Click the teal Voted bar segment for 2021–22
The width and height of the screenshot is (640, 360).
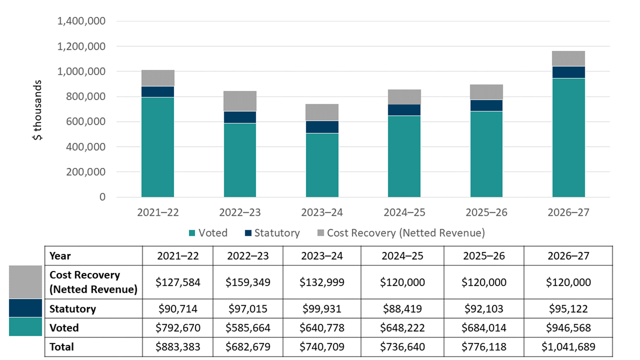(x=157, y=147)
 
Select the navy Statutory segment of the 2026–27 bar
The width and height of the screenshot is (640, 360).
(x=568, y=72)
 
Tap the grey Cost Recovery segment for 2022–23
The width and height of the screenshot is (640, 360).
(x=240, y=101)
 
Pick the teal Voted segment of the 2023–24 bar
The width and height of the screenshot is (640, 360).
(x=322, y=165)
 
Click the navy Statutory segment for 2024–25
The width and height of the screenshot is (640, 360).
(x=404, y=110)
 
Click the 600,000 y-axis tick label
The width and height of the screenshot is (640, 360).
(x=84, y=122)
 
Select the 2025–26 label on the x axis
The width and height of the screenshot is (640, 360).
(x=486, y=213)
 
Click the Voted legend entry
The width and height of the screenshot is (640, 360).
(x=208, y=233)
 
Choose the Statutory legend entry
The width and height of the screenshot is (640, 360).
(x=271, y=233)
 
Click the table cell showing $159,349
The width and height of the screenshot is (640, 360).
(x=248, y=282)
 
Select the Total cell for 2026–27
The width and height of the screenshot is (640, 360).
(x=568, y=347)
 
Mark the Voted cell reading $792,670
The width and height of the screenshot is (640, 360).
(x=178, y=328)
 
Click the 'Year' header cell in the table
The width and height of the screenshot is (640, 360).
(x=60, y=256)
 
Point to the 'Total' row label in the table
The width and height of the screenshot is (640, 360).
(x=62, y=347)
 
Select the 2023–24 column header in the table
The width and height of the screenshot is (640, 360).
(x=318, y=256)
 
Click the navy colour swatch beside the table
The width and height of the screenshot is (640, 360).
(x=25, y=308)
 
